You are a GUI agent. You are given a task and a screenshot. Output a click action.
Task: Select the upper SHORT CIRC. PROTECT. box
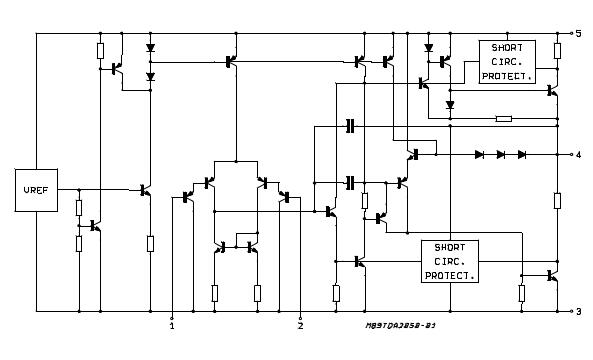pos(507,61)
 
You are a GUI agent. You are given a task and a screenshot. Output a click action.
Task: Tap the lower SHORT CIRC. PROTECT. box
pos(449,260)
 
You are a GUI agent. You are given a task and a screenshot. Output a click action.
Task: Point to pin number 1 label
pos(172,325)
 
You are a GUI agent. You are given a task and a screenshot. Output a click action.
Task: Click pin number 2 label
pos(300,325)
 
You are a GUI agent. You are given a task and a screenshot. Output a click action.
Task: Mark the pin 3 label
pos(578,312)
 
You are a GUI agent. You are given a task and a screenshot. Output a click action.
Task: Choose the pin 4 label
pos(578,155)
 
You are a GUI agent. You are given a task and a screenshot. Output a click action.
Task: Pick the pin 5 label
pos(578,33)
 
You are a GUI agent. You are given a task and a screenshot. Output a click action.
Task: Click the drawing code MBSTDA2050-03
pos(400,325)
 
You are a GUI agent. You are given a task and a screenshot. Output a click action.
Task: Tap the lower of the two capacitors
pos(350,182)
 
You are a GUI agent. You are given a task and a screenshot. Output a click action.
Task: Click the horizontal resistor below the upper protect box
pos(504,118)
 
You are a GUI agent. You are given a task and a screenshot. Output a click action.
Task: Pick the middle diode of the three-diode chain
pos(500,155)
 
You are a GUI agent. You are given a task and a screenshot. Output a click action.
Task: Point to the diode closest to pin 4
pos(521,155)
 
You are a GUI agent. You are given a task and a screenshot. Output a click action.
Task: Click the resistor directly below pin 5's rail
pos(557,50)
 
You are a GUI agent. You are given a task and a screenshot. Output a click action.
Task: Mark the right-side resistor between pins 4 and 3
pos(557,200)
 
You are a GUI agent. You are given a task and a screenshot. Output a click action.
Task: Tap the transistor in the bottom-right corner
pos(551,276)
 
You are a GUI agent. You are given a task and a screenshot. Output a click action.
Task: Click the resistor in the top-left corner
pos(101,50)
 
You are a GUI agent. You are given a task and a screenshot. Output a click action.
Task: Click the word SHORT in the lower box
pos(449,248)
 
